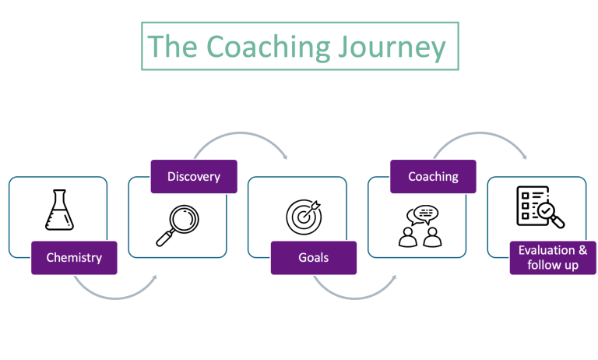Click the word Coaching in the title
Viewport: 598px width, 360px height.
268,48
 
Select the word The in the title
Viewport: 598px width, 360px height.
172,46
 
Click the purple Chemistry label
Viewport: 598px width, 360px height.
74,258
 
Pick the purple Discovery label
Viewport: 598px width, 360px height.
194,176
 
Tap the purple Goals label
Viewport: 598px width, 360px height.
314,258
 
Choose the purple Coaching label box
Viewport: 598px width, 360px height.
433,176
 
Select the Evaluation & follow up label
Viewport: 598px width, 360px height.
553,258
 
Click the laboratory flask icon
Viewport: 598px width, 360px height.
59,210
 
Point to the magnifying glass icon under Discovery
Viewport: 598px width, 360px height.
178,225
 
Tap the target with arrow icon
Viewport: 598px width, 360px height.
304,217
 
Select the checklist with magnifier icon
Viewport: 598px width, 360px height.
540,207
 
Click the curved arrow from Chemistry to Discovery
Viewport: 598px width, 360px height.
116,298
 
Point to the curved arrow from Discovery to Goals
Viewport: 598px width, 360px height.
241,132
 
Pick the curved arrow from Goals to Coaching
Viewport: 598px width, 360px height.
355,298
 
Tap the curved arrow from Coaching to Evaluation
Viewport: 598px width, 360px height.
480,132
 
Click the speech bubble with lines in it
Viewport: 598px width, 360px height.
426,214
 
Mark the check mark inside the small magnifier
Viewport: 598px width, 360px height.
546,210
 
